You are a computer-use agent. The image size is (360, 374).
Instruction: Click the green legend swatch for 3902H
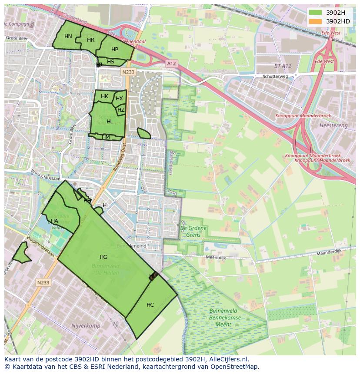point(316,13)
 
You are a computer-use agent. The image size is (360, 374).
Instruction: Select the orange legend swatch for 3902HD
point(316,21)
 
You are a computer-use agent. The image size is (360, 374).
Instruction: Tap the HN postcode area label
point(68,36)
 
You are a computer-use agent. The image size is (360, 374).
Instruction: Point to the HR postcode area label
point(90,40)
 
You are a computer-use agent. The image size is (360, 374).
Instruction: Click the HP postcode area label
point(114,50)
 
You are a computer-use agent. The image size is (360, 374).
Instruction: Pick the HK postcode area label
point(104,96)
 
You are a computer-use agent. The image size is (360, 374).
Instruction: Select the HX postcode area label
point(119,99)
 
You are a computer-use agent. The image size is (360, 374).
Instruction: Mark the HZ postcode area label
point(121,110)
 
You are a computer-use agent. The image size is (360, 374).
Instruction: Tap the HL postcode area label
point(110,122)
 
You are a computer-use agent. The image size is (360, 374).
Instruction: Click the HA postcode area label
point(54,221)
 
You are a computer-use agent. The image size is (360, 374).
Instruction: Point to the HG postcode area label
point(103,257)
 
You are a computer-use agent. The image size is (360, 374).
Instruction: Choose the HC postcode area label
point(150,305)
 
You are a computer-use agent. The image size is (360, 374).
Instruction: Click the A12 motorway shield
point(171,64)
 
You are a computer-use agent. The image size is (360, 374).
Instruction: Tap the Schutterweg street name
point(275,76)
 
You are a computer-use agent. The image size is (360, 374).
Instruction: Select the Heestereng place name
point(333,125)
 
